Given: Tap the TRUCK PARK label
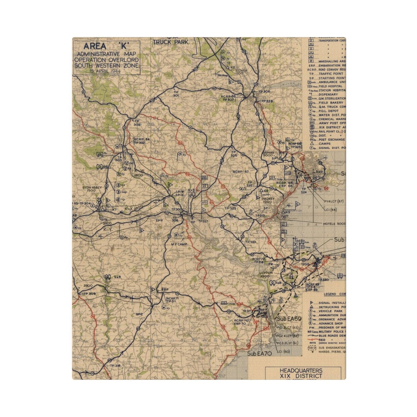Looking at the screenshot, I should [170, 42].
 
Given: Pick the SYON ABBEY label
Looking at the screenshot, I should [92, 189].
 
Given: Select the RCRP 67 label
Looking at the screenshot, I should [241, 172].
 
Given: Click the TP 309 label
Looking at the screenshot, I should [89, 294].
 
